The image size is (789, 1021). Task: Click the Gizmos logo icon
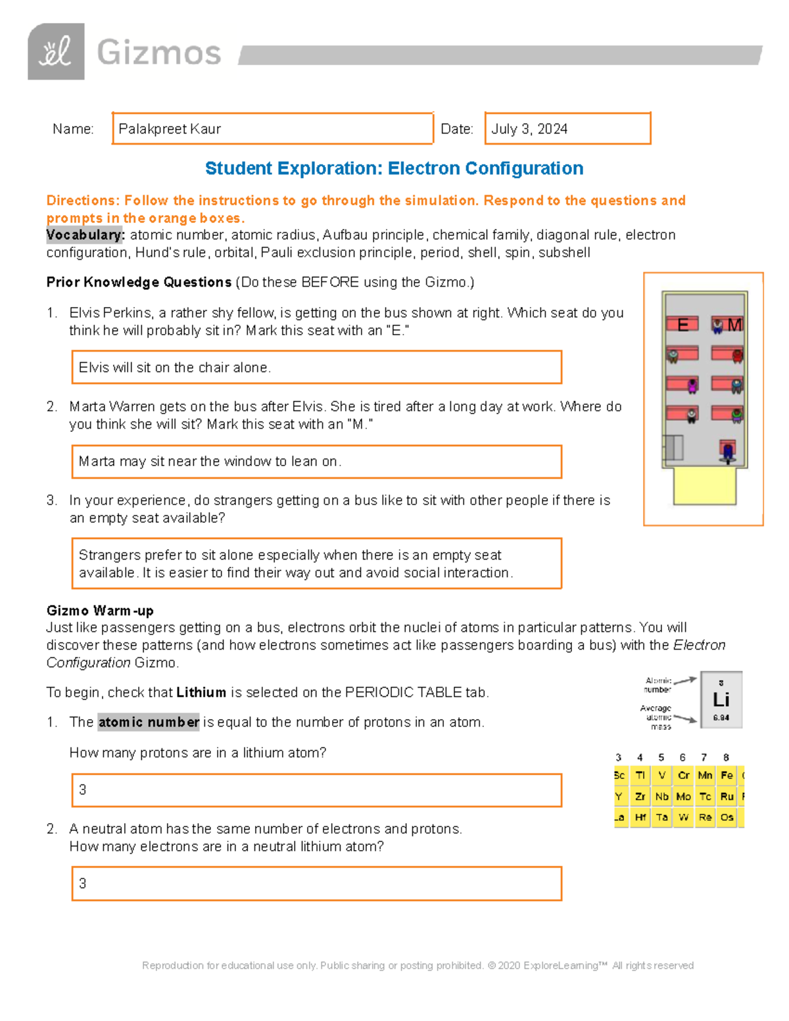click(56, 52)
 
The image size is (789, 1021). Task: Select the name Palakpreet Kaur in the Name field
click(170, 129)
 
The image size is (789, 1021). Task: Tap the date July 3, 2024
click(529, 129)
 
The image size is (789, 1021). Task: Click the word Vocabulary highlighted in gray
click(84, 235)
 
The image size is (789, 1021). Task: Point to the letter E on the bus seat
click(682, 325)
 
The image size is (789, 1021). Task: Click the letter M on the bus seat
click(734, 325)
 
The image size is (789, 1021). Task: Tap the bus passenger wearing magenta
click(692, 385)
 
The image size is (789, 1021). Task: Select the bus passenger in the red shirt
click(737, 356)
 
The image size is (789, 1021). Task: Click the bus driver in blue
click(727, 452)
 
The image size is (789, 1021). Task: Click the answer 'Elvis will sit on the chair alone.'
click(174, 368)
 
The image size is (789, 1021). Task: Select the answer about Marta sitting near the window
click(210, 462)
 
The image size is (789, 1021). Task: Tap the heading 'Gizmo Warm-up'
click(100, 610)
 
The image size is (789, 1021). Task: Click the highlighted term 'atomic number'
click(149, 722)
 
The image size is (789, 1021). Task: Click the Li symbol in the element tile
click(721, 700)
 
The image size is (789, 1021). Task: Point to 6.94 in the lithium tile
click(721, 718)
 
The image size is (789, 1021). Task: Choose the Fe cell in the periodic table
click(727, 776)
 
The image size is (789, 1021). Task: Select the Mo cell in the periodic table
click(683, 797)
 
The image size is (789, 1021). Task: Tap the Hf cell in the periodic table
click(640, 818)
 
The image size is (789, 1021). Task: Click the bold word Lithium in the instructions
click(201, 692)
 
